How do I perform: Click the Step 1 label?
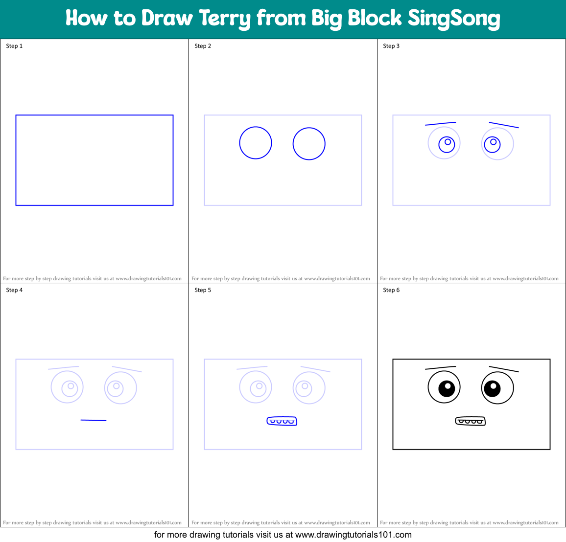click(x=14, y=46)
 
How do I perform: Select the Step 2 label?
click(x=203, y=46)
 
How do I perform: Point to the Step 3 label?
click(x=391, y=46)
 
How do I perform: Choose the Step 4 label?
click(x=14, y=290)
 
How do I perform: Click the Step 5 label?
click(x=203, y=290)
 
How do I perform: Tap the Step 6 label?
click(x=391, y=290)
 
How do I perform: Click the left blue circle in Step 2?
click(x=256, y=143)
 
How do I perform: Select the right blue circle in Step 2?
click(x=309, y=144)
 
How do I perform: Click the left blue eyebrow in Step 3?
click(x=440, y=124)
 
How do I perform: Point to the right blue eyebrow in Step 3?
click(x=504, y=125)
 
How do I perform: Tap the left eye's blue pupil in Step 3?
click(x=447, y=144)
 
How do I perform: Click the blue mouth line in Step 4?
click(x=94, y=420)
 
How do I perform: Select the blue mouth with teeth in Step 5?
click(x=282, y=421)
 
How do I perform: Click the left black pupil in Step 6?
click(x=447, y=389)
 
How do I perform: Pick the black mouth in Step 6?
click(x=471, y=421)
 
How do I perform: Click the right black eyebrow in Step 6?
click(x=504, y=369)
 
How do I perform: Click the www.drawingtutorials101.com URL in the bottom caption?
click(x=354, y=535)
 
